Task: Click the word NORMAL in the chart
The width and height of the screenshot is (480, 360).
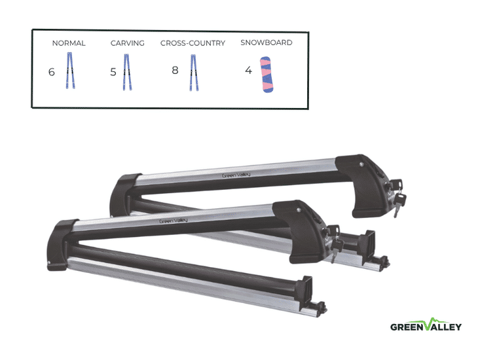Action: point(69,43)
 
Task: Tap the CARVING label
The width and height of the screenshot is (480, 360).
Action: point(127,43)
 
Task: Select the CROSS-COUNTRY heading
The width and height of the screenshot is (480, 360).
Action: point(193,43)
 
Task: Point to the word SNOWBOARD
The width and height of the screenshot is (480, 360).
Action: point(267,43)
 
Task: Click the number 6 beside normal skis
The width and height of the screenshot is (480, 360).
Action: point(52,72)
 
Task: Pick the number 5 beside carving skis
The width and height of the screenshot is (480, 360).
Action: point(113,72)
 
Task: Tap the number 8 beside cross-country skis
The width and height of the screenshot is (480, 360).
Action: point(175,70)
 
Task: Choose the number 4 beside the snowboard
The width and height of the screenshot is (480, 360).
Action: point(248,70)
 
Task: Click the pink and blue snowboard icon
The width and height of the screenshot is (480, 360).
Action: point(267,75)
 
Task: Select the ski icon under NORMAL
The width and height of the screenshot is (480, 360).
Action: point(71,71)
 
